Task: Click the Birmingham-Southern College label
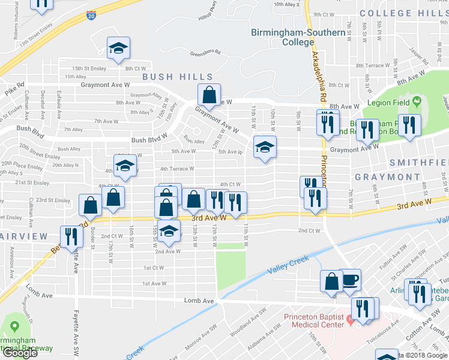(x=283, y=37)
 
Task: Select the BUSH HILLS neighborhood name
(x=178, y=77)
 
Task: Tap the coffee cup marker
(x=350, y=280)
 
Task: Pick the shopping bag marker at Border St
(x=90, y=205)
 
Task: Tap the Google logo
(x=20, y=353)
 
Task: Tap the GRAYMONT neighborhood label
(x=387, y=177)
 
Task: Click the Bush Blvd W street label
(x=149, y=142)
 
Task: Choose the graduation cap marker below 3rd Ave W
(x=170, y=232)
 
